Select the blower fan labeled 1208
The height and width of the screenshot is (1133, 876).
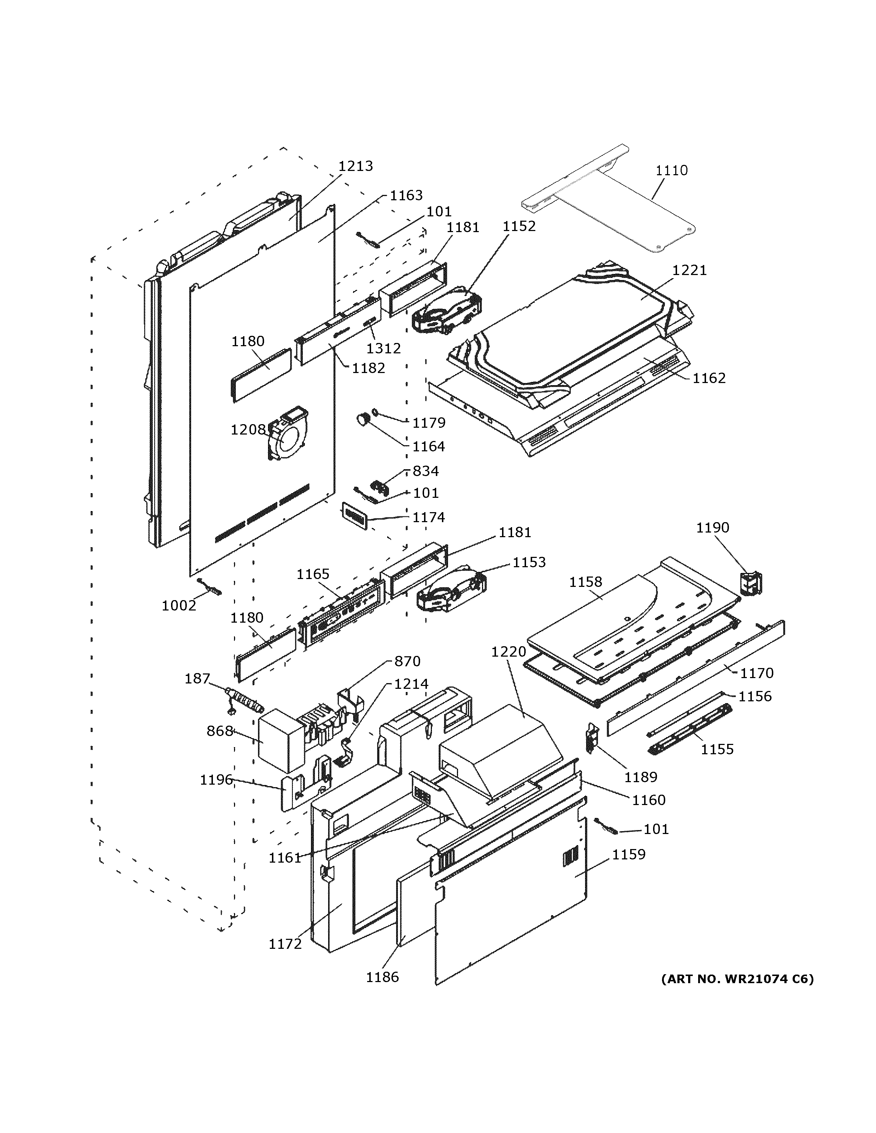[x=287, y=434]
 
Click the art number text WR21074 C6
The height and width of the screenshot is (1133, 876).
[x=737, y=979]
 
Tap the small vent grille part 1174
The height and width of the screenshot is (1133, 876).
[x=354, y=516]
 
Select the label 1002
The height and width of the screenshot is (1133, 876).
[x=179, y=605]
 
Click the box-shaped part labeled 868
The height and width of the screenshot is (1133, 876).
[x=281, y=740]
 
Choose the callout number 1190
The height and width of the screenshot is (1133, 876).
[x=712, y=528]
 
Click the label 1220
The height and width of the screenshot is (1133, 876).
[x=508, y=652]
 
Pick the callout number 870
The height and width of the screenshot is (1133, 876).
[x=407, y=661]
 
